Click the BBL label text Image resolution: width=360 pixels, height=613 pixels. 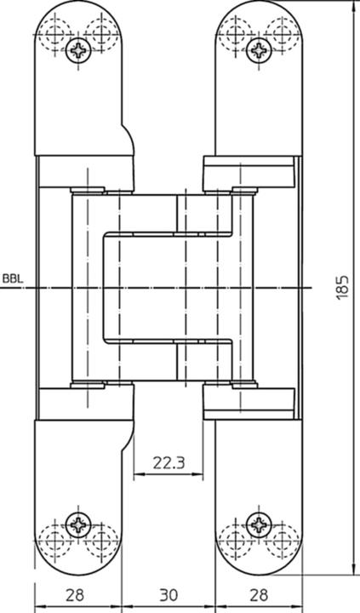13,278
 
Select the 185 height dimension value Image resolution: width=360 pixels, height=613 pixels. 342,288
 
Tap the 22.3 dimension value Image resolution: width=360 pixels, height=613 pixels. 169,463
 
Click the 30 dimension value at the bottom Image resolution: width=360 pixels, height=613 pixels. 169,595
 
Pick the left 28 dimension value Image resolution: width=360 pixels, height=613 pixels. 75,595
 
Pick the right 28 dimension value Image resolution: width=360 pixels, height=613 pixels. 259,595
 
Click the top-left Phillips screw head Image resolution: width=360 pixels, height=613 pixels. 78,50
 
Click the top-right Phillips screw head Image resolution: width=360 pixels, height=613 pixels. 259,50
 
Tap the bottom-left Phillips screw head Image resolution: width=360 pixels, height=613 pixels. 78,524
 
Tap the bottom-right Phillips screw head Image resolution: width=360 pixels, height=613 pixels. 259,524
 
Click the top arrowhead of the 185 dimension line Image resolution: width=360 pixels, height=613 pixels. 354,5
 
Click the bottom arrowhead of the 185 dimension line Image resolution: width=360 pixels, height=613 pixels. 354,570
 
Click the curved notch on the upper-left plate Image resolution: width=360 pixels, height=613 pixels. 131,137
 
